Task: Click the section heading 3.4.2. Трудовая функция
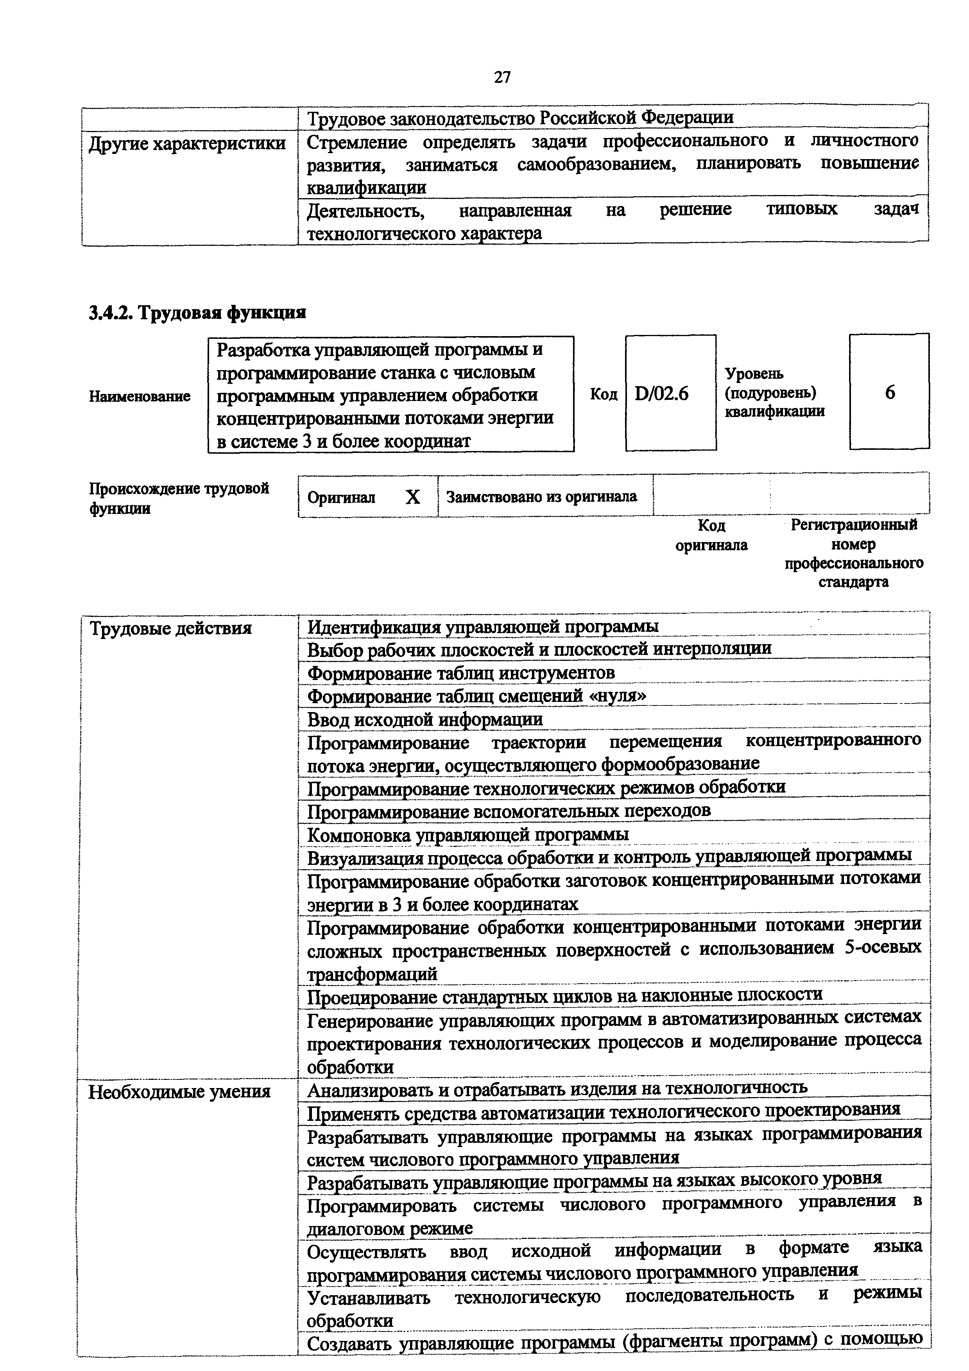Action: pos(197,312)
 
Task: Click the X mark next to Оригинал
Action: pos(412,497)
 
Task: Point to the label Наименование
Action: pos(140,396)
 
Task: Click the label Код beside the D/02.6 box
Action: pos(604,394)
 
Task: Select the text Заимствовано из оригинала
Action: pos(541,496)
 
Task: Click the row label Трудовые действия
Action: pos(170,628)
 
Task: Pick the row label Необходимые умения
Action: pos(179,1092)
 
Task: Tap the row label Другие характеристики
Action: pos(187,144)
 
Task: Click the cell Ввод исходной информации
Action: pos(424,719)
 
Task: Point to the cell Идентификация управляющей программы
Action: pos(482,626)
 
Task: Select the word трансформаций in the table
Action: pos(372,974)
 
